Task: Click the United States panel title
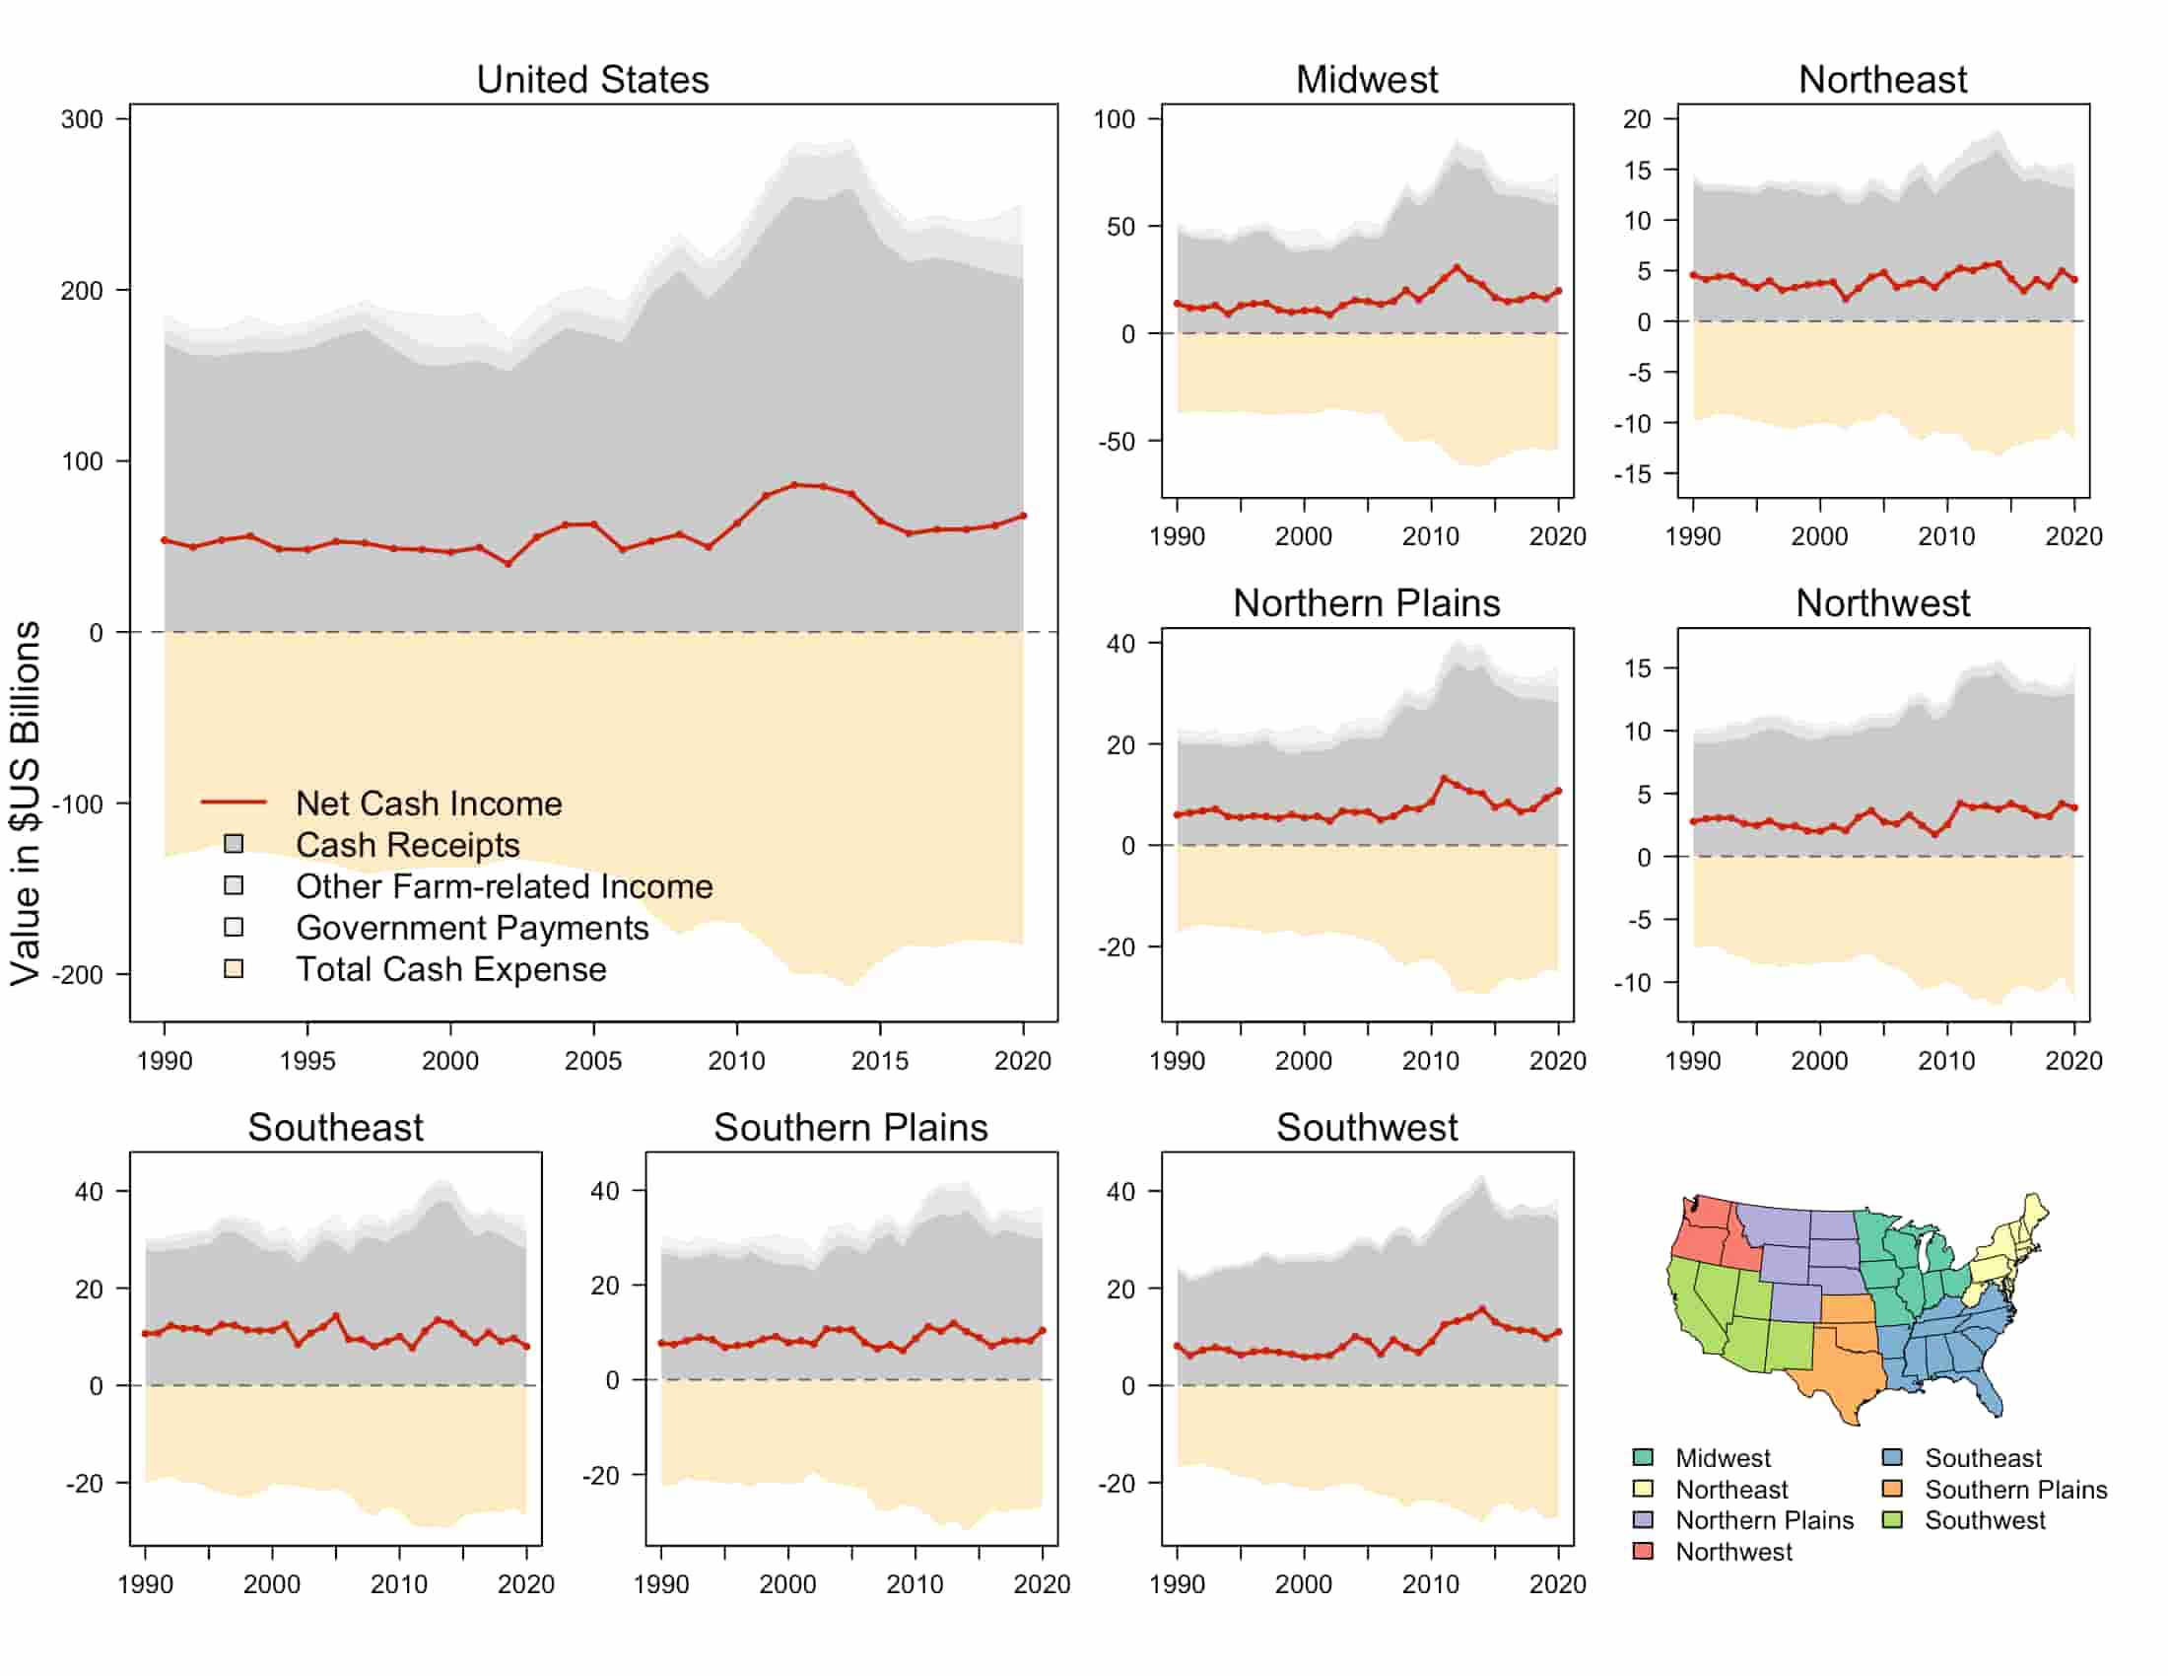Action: (x=592, y=80)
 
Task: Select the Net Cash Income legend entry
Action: (x=428, y=803)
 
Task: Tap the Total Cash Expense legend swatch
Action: (x=234, y=968)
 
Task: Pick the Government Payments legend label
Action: (x=471, y=928)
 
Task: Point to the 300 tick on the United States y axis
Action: (x=82, y=119)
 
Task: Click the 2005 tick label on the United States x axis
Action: (x=592, y=1061)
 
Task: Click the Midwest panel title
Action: (x=1366, y=80)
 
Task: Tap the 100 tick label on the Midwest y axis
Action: (x=1114, y=119)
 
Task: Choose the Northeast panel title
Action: (x=1882, y=80)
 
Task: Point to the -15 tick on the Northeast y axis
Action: (x=1632, y=473)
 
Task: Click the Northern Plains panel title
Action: (x=1366, y=602)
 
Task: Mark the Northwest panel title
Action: (x=1882, y=602)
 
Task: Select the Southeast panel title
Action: (x=335, y=1127)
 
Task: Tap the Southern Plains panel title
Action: (x=850, y=1127)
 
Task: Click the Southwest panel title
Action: (x=1366, y=1127)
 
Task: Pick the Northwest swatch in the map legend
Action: (x=1643, y=1551)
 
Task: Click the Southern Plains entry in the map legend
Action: (x=2015, y=1490)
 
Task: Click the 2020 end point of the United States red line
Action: (x=1024, y=516)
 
